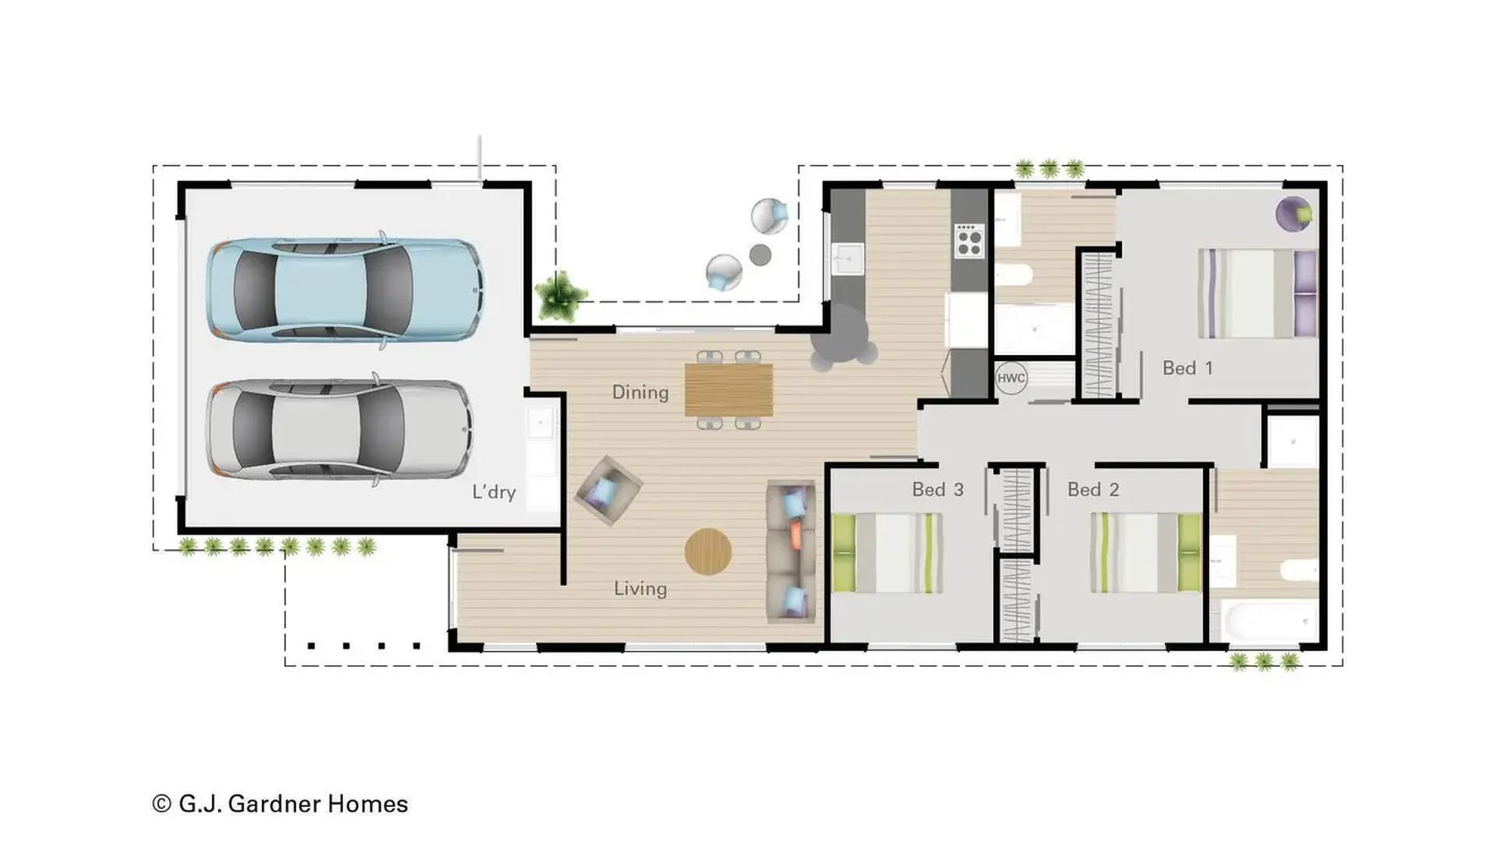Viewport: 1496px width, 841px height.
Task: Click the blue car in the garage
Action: coord(343,290)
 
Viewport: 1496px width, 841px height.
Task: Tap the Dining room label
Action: coord(640,392)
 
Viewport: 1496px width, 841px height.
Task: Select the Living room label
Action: coord(640,588)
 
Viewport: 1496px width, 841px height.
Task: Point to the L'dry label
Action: coord(494,491)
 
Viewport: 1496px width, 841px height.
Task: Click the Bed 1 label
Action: coord(1187,368)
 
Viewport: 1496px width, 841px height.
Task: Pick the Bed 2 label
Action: coord(1092,489)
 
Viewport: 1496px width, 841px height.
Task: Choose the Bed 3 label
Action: coord(937,489)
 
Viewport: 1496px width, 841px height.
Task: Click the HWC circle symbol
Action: coord(1011,378)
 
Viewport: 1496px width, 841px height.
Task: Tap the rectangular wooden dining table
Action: coord(729,390)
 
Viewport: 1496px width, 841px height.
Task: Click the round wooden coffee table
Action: coord(707,552)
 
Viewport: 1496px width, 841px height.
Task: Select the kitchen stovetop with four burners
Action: coord(969,241)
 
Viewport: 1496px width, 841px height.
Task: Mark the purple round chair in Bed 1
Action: coord(1293,213)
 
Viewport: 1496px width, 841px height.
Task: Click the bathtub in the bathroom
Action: coord(1266,624)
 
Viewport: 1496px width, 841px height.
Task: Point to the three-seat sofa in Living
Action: coord(792,551)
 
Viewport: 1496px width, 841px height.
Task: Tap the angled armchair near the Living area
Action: coord(609,490)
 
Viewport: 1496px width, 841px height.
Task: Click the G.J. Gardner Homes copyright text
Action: coord(280,804)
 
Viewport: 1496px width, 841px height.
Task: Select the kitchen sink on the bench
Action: coord(847,259)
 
